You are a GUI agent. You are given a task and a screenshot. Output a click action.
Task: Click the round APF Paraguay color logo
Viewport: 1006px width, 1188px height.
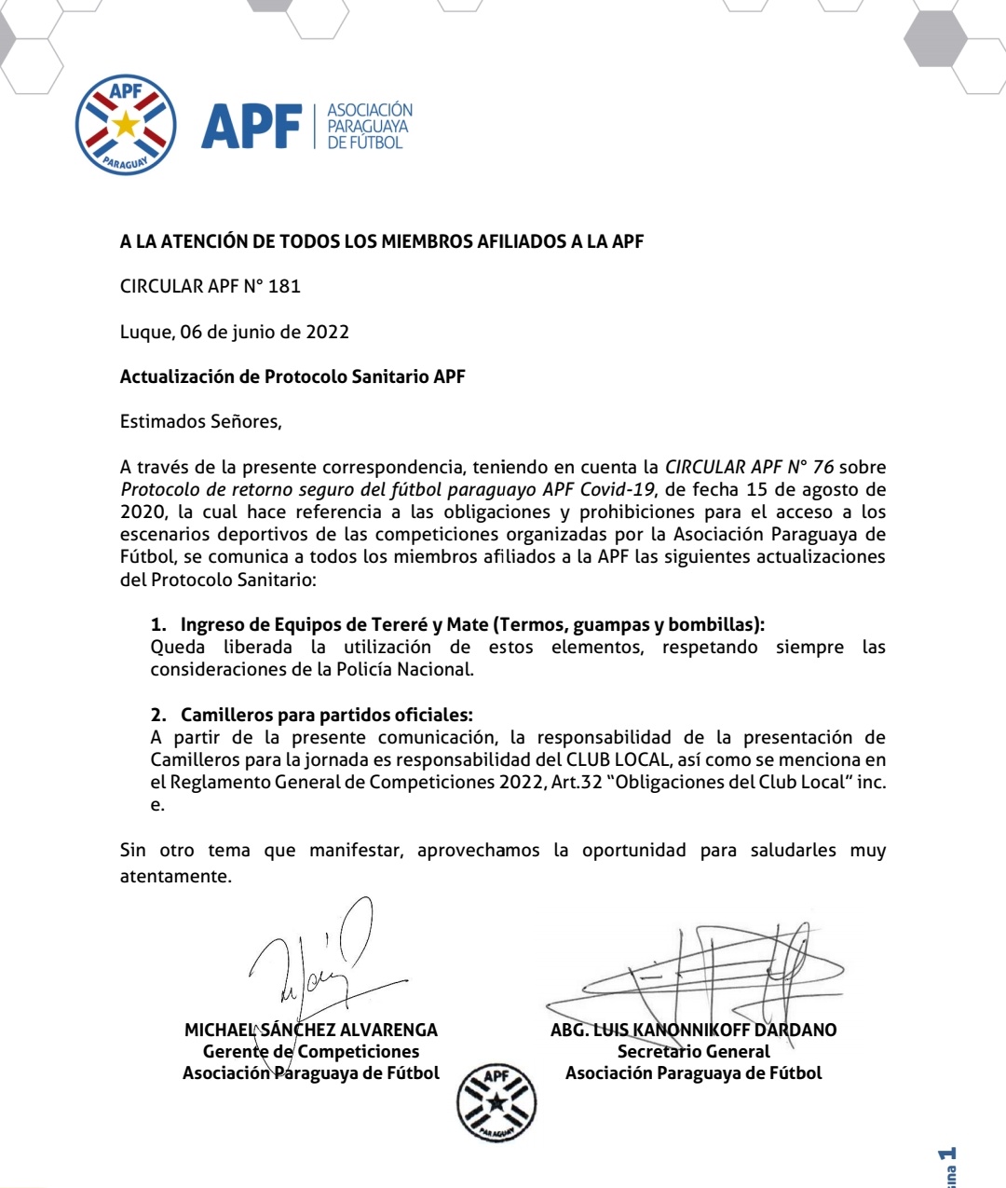(126, 125)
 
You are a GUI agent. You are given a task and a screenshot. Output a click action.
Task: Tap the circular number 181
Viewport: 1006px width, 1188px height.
(284, 287)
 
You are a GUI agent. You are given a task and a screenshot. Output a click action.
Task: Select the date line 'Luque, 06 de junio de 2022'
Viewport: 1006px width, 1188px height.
(235, 332)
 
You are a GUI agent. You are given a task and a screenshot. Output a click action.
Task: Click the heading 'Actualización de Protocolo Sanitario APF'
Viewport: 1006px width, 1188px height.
(292, 376)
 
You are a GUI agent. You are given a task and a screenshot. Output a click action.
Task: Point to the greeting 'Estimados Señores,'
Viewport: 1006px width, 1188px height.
(201, 421)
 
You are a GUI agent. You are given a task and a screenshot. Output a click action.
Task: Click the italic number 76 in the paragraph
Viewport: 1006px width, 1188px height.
(822, 467)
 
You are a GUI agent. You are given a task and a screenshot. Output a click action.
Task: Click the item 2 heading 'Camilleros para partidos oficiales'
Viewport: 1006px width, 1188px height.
(326, 715)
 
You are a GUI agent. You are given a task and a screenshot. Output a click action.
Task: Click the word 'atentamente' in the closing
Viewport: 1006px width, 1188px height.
(174, 876)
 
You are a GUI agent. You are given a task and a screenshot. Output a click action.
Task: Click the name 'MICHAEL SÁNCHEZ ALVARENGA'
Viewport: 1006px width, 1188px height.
(311, 1030)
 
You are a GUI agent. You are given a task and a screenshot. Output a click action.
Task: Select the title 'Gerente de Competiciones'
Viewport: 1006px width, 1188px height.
(311, 1051)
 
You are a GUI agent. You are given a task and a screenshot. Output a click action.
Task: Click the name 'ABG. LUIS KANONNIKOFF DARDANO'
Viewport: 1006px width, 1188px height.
(694, 1030)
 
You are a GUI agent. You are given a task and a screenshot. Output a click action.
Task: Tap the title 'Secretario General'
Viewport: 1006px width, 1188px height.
(694, 1051)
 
